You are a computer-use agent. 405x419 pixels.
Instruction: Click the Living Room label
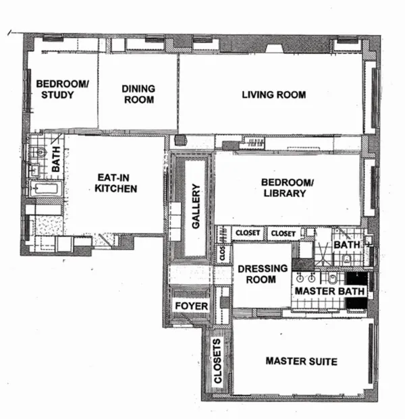click(x=273, y=94)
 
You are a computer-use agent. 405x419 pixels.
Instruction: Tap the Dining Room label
click(x=138, y=94)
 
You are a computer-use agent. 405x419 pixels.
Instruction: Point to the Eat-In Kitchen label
click(x=115, y=183)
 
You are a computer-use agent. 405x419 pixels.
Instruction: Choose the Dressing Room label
click(x=257, y=274)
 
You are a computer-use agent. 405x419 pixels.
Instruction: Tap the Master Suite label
click(x=300, y=362)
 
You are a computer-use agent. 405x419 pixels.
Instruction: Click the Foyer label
click(x=191, y=306)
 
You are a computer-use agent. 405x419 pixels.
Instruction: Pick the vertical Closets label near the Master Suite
click(x=218, y=364)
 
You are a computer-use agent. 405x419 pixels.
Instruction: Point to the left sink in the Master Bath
click(x=302, y=277)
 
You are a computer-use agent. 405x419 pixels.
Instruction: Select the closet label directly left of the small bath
click(x=283, y=233)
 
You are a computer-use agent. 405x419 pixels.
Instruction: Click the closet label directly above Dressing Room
click(x=247, y=233)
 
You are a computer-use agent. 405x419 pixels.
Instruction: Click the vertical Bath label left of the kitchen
click(x=57, y=161)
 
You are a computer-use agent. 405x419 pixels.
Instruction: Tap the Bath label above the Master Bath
click(x=346, y=245)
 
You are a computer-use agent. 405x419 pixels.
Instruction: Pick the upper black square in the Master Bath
click(x=356, y=277)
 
